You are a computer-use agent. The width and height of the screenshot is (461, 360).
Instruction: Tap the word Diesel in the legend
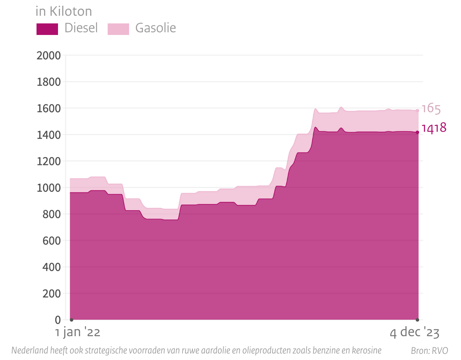click(81, 28)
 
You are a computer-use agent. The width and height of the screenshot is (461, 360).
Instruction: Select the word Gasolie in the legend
click(156, 28)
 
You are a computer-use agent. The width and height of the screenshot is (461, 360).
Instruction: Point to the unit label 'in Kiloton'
click(63, 12)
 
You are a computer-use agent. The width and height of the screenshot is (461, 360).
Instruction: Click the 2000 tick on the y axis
click(48, 56)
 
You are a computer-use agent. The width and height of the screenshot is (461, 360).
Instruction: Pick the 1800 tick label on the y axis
click(48, 82)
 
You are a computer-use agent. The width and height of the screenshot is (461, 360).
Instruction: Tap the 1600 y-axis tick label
click(48, 109)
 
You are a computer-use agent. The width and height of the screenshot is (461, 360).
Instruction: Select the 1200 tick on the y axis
click(48, 161)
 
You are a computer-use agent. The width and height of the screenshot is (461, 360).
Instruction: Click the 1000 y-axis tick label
click(48, 188)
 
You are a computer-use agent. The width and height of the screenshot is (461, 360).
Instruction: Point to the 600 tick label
click(51, 241)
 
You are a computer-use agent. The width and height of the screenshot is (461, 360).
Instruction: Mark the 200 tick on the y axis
click(51, 294)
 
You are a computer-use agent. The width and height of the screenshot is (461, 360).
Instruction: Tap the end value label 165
click(431, 109)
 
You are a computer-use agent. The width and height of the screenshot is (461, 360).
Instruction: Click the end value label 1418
click(434, 128)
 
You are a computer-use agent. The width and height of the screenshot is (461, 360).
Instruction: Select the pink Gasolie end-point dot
click(418, 111)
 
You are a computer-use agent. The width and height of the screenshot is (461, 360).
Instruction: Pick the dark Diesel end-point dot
click(418, 133)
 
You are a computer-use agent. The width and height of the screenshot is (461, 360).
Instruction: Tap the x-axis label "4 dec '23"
click(415, 333)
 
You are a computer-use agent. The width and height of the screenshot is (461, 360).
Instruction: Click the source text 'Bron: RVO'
click(429, 351)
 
